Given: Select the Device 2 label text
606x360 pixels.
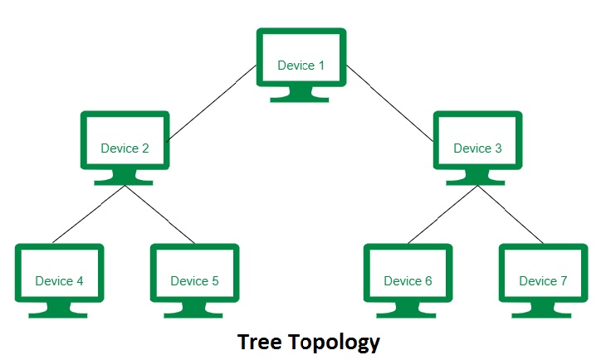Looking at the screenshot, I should click(x=125, y=148).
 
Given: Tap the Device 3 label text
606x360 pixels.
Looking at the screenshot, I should click(x=477, y=148).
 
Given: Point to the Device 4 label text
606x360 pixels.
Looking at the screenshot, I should click(x=59, y=281).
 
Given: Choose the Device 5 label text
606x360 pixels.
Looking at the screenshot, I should click(x=194, y=281).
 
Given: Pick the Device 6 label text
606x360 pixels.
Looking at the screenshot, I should click(x=408, y=281).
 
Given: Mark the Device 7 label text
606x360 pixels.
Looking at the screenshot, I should click(x=543, y=281).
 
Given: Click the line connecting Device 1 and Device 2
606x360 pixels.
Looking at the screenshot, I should click(x=211, y=105).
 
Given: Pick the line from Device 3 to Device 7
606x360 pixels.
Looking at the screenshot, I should click(x=511, y=214).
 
